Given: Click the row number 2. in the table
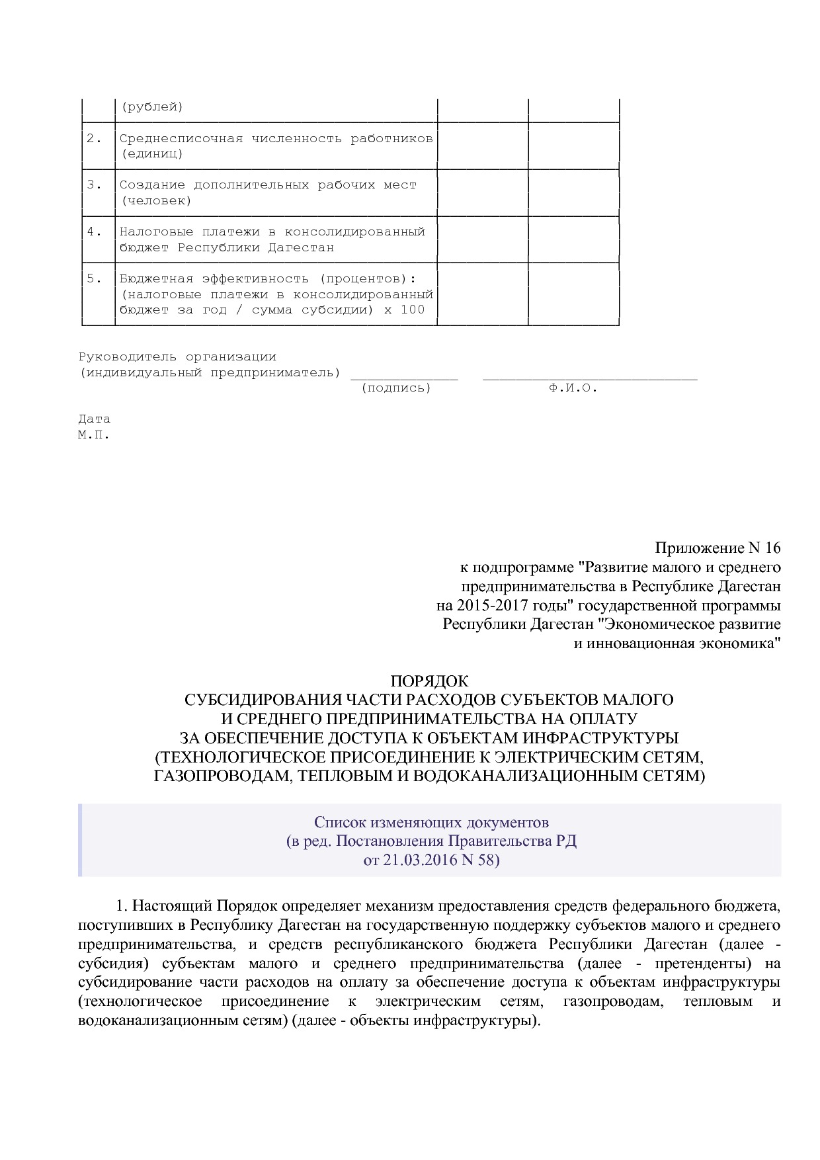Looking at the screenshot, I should (95, 138).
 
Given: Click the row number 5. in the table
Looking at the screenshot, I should (95, 278).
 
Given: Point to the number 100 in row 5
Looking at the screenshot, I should (412, 310).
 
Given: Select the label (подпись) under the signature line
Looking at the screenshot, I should (396, 388).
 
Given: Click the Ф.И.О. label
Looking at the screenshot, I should (573, 388).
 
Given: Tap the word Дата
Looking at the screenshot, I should (94, 419).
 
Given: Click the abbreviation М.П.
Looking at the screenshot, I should (94, 435).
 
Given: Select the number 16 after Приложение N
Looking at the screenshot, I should (772, 548).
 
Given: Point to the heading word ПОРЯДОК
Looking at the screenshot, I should (429, 681).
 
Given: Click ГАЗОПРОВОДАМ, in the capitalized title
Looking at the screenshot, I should (223, 776).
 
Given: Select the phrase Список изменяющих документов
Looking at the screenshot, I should (431, 822).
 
